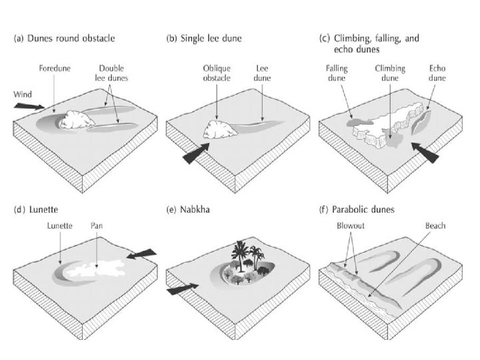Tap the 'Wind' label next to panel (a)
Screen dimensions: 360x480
23,94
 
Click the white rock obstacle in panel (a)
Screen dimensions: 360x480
78,121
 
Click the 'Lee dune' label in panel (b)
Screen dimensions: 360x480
262,71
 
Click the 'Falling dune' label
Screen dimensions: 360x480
336,72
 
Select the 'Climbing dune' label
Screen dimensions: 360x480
390,72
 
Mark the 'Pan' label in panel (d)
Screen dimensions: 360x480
97,226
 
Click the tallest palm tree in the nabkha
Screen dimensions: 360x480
238,253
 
